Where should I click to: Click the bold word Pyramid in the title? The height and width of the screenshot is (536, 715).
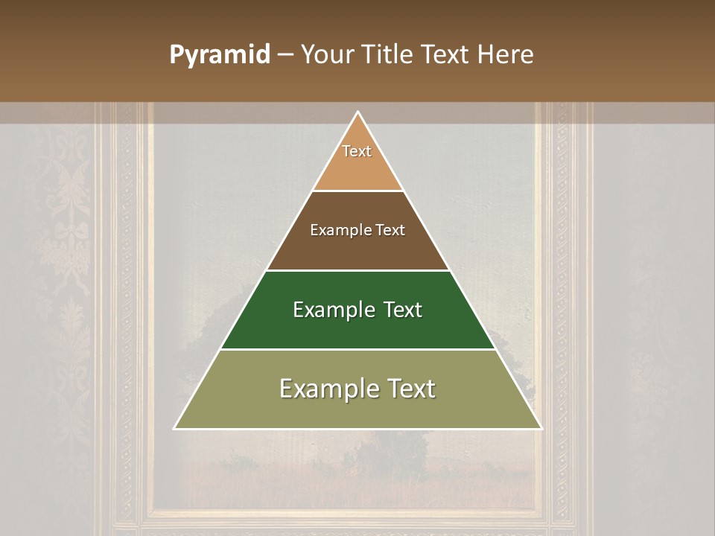tap(220, 55)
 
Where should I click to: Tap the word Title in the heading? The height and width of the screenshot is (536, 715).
tap(387, 55)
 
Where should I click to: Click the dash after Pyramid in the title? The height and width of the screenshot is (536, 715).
tap(285, 55)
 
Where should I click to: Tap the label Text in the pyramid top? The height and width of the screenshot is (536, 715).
tap(357, 151)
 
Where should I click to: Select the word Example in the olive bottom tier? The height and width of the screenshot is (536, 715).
tap(326, 389)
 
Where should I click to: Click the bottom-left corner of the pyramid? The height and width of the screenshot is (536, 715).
tap(175, 428)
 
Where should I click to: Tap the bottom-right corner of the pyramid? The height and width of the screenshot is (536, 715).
tap(541, 428)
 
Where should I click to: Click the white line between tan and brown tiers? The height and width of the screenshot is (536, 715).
tap(357, 191)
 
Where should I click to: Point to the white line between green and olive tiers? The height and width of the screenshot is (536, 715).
tap(357, 349)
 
